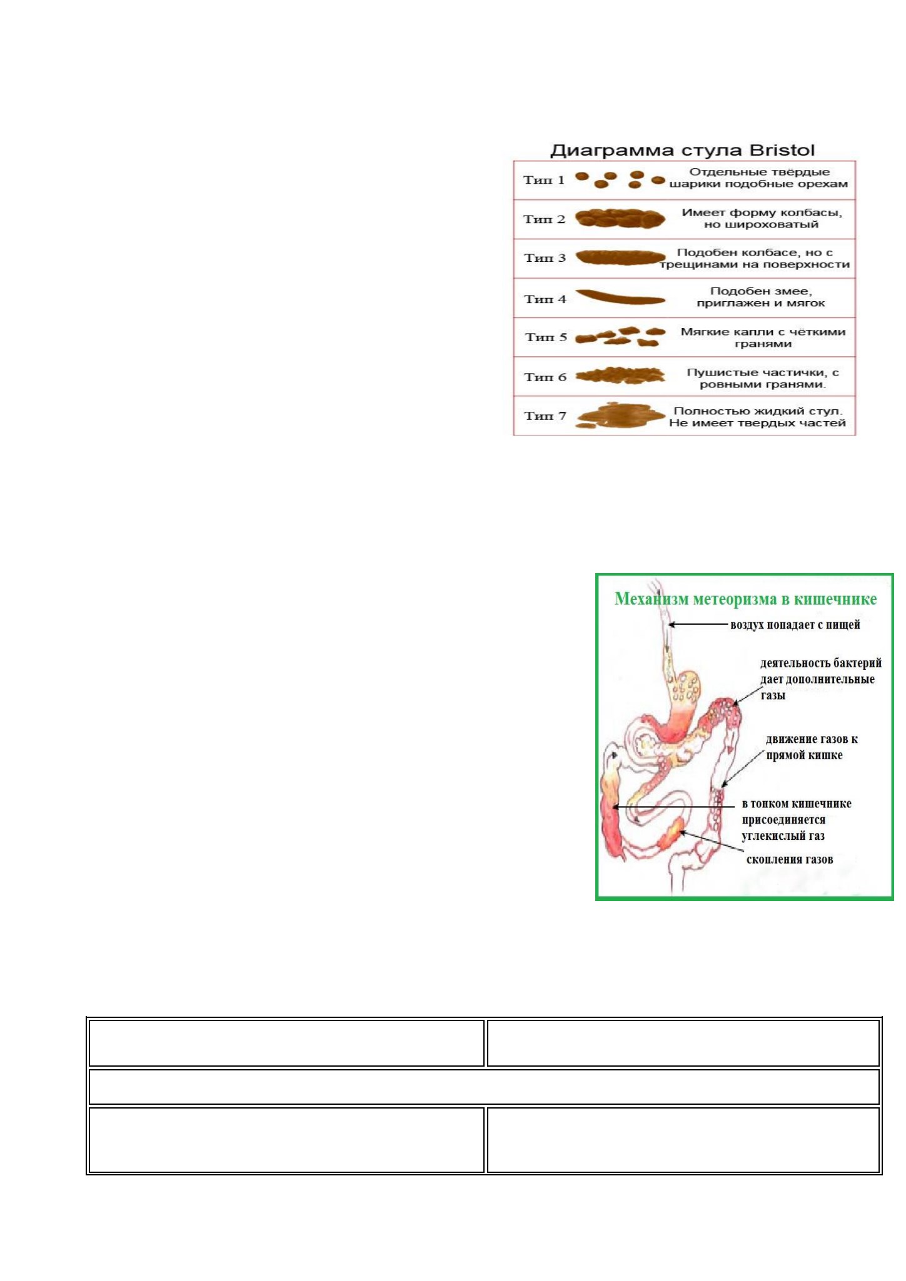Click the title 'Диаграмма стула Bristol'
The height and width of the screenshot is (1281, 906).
coord(682,151)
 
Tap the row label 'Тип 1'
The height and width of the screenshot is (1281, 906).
coord(544,180)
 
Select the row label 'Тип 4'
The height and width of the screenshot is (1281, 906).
coord(545,299)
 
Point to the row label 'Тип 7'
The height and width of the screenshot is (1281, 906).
coord(545,416)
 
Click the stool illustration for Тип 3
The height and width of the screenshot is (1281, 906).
coord(620,257)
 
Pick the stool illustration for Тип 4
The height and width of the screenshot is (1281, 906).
coord(620,297)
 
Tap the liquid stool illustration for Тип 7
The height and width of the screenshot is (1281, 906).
coord(620,416)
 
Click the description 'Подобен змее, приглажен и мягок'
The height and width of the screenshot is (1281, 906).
coord(761,297)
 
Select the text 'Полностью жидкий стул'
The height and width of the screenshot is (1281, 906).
coord(758,411)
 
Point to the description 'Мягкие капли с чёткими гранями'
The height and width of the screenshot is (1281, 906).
coord(763,337)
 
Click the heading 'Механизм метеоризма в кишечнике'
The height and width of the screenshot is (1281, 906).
coord(745,599)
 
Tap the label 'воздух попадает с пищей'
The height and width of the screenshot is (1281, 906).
coord(795,624)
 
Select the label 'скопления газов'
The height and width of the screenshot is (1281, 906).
coord(790,859)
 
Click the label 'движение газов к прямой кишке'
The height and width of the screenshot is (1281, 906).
coord(812,747)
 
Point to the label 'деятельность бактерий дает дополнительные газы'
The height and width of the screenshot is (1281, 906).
coord(821,679)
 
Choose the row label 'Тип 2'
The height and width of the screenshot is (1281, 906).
coord(544,219)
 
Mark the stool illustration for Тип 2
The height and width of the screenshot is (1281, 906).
coord(620,218)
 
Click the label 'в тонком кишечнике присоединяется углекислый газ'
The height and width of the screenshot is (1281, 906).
coord(797,820)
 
